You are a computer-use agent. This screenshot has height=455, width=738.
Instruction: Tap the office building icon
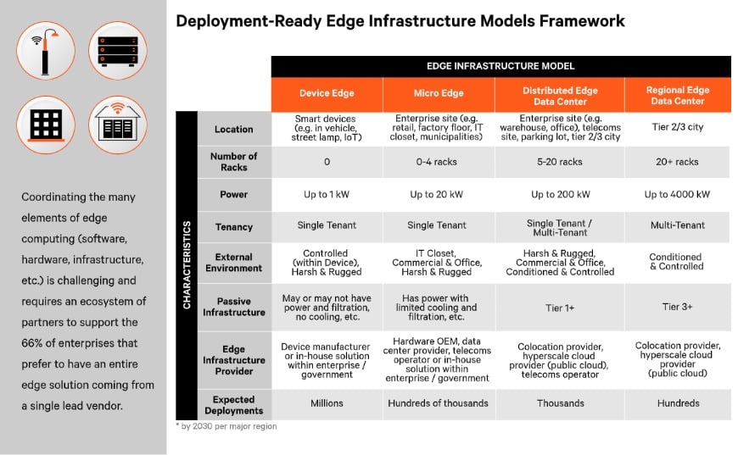(x=46, y=124)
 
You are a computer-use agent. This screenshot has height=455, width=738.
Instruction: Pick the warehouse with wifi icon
(x=117, y=124)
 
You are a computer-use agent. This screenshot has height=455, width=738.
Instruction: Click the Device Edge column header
(x=327, y=95)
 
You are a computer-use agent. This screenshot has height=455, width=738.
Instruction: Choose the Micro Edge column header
(x=439, y=95)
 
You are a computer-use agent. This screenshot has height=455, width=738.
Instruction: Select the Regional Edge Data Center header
(x=677, y=95)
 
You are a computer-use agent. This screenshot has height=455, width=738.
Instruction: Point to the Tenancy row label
(x=234, y=226)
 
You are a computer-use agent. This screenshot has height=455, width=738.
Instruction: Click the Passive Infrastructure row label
(x=234, y=307)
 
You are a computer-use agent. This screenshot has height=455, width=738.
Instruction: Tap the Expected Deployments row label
(x=234, y=404)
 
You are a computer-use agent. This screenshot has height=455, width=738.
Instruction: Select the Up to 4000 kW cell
(x=677, y=194)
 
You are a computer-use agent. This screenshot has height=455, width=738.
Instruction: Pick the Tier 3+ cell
(x=677, y=307)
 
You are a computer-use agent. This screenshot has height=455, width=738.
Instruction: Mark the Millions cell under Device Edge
(x=327, y=404)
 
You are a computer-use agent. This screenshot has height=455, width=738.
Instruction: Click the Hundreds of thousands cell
(x=439, y=404)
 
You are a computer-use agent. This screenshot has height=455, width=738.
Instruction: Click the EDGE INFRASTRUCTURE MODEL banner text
(x=500, y=66)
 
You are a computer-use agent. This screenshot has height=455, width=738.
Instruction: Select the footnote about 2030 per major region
(x=226, y=426)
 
